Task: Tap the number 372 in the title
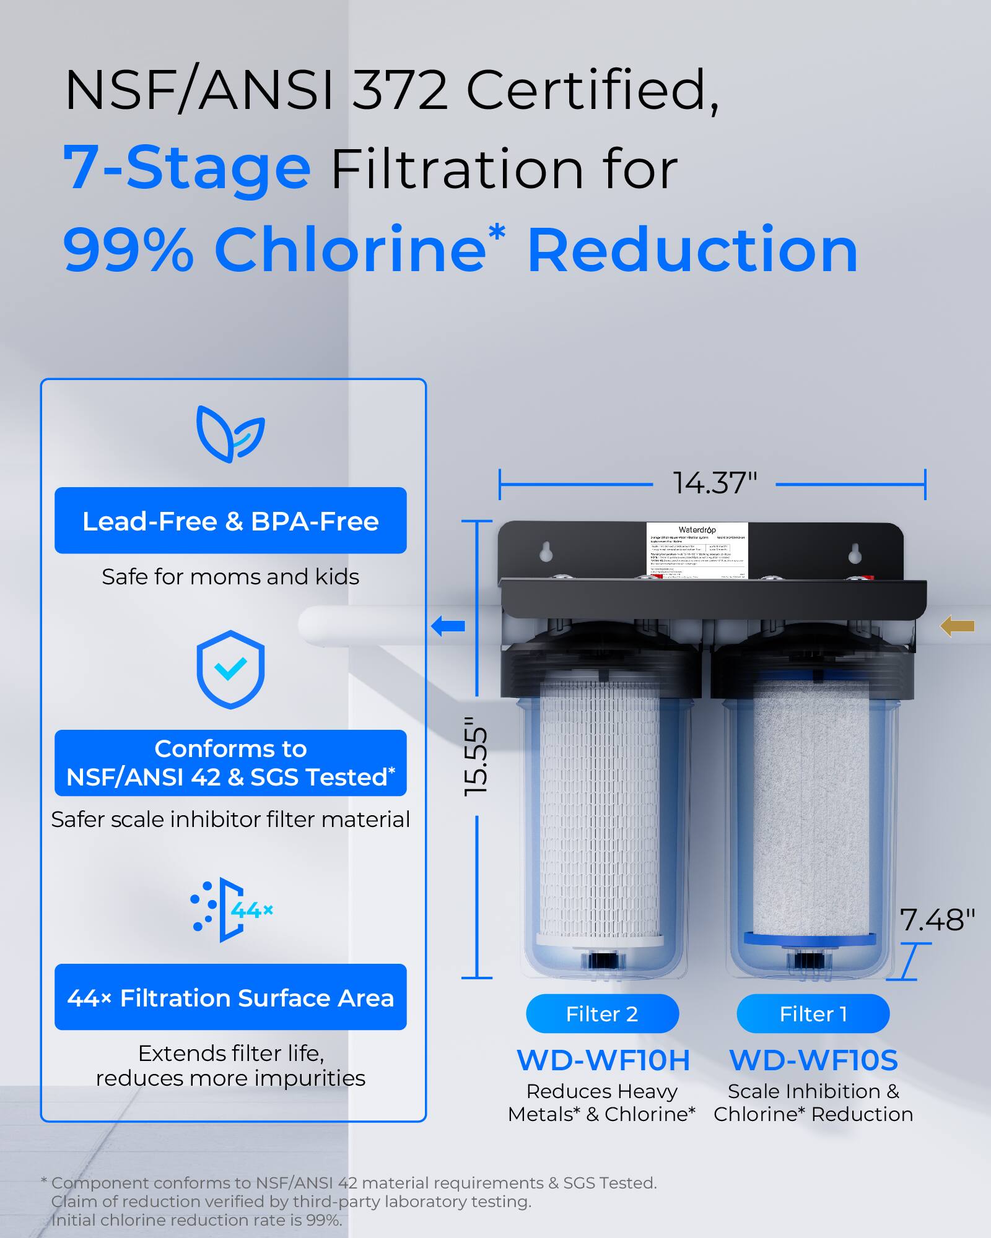[x=399, y=90]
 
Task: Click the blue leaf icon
[x=230, y=434]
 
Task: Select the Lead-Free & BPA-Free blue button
[x=230, y=521]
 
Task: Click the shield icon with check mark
[x=230, y=669]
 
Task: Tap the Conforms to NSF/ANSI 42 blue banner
[x=230, y=763]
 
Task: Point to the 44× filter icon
[x=230, y=909]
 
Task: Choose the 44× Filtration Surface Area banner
[x=230, y=997]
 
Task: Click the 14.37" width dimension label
[x=715, y=483]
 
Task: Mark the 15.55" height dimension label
[x=476, y=756]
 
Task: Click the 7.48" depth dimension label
[x=936, y=920]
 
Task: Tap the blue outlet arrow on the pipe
[x=448, y=626]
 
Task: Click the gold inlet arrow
[x=957, y=626]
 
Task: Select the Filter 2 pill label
[x=602, y=1014]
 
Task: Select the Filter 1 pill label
[x=813, y=1014]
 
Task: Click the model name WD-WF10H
[x=603, y=1060]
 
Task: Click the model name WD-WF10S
[x=813, y=1060]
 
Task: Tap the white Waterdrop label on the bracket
[x=697, y=550]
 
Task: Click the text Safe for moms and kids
[x=230, y=577]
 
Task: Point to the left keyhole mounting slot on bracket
[x=546, y=552]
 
